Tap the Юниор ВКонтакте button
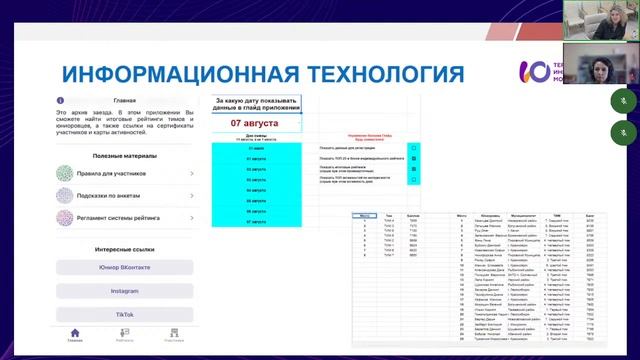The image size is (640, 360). pos(124,267)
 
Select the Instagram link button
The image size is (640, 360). pos(124,290)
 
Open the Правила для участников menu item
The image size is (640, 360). pos(125,173)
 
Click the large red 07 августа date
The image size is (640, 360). pos(255,123)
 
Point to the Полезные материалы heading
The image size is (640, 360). pos(124,155)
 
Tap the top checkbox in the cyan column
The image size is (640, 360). pos(413,147)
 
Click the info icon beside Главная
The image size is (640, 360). pos(61,100)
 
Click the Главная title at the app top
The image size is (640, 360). pos(125,100)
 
